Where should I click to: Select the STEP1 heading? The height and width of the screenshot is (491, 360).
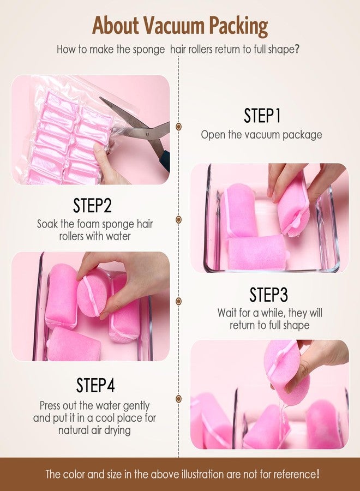click(262, 115)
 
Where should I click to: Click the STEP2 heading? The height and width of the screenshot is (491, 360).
click(92, 205)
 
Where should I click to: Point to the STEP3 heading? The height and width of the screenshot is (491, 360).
click(268, 295)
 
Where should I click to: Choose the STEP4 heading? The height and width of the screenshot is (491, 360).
click(95, 385)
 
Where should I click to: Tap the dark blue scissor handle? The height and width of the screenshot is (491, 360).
click(165, 160)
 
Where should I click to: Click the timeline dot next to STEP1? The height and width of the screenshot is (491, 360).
click(179, 127)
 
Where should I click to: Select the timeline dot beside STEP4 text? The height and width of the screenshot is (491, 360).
click(179, 399)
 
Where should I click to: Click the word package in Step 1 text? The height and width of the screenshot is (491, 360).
click(302, 135)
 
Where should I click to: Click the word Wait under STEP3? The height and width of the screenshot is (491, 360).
click(227, 313)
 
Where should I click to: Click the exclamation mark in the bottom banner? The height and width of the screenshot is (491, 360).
click(318, 474)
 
